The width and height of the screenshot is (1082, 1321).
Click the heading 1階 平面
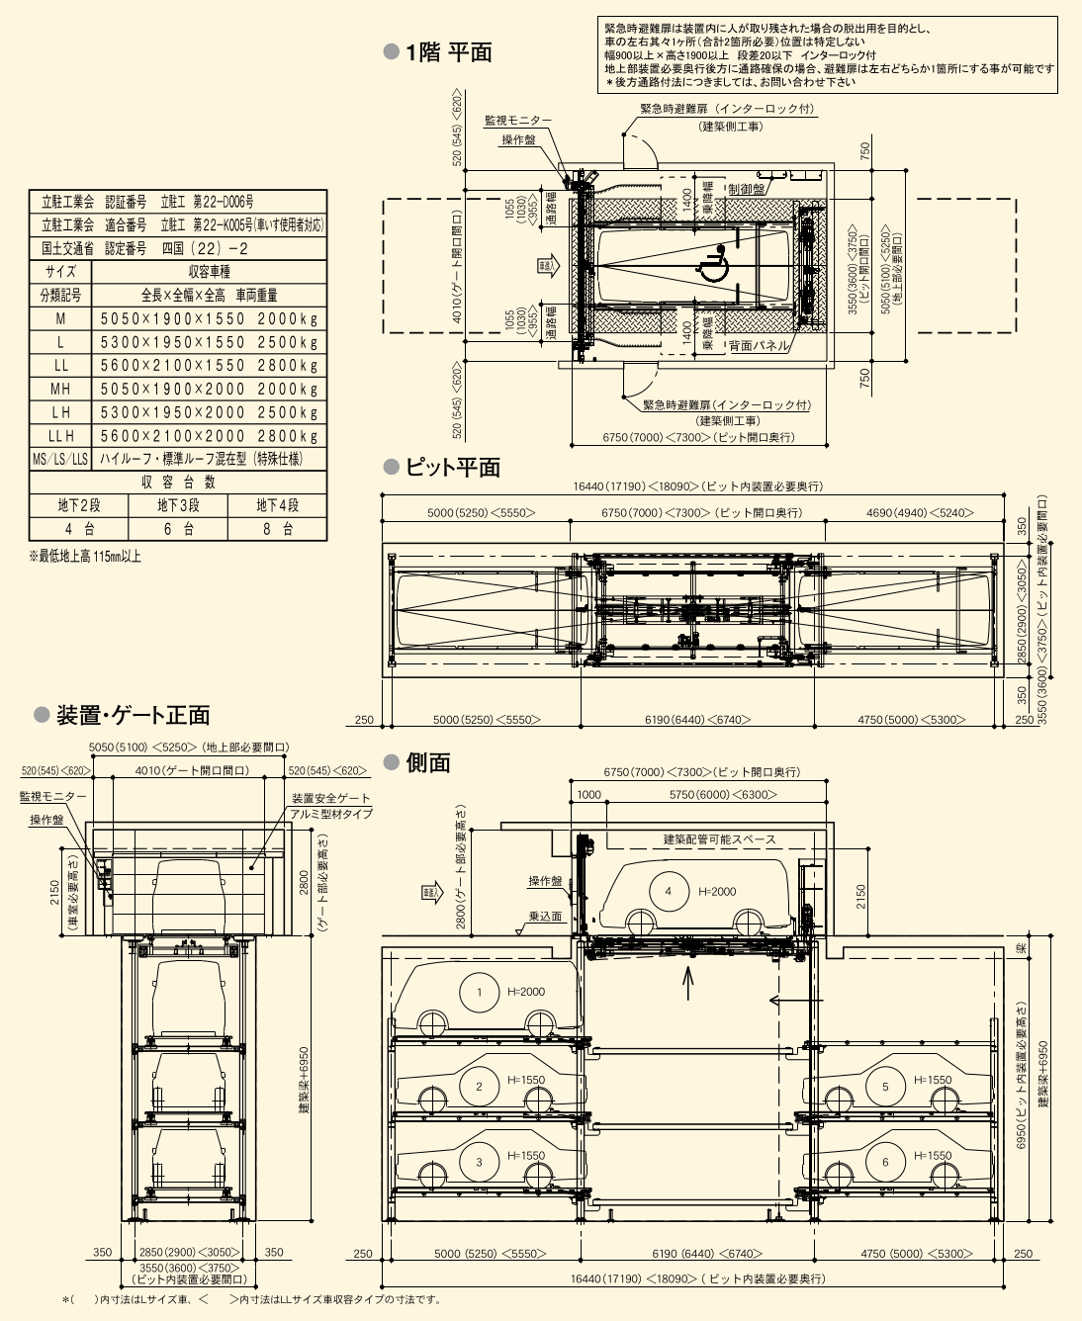(x=448, y=53)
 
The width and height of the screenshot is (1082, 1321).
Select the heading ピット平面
(x=452, y=468)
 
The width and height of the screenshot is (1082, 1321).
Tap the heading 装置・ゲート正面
(x=133, y=715)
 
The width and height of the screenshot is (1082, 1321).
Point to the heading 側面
(x=427, y=762)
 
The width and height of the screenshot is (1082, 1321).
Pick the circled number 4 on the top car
(x=668, y=891)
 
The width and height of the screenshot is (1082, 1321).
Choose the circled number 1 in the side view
(x=480, y=992)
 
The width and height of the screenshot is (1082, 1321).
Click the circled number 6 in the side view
(x=885, y=1162)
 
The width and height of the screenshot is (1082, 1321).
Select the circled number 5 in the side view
(x=885, y=1086)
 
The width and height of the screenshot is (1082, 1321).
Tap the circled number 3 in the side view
(x=480, y=1162)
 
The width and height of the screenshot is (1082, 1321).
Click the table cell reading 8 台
(x=278, y=529)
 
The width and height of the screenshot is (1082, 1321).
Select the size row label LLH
(x=60, y=436)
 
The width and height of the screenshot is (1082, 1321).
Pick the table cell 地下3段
(x=178, y=505)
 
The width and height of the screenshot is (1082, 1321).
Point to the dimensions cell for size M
(x=209, y=318)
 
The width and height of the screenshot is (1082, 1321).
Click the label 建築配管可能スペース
(x=719, y=839)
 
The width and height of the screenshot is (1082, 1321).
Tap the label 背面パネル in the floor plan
(x=759, y=346)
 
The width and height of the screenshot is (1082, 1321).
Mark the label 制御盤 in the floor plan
(x=746, y=189)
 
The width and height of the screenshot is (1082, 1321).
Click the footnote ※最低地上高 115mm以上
(x=85, y=557)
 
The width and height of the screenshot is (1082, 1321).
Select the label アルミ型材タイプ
(x=331, y=814)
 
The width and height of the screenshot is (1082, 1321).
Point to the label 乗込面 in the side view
(x=545, y=917)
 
